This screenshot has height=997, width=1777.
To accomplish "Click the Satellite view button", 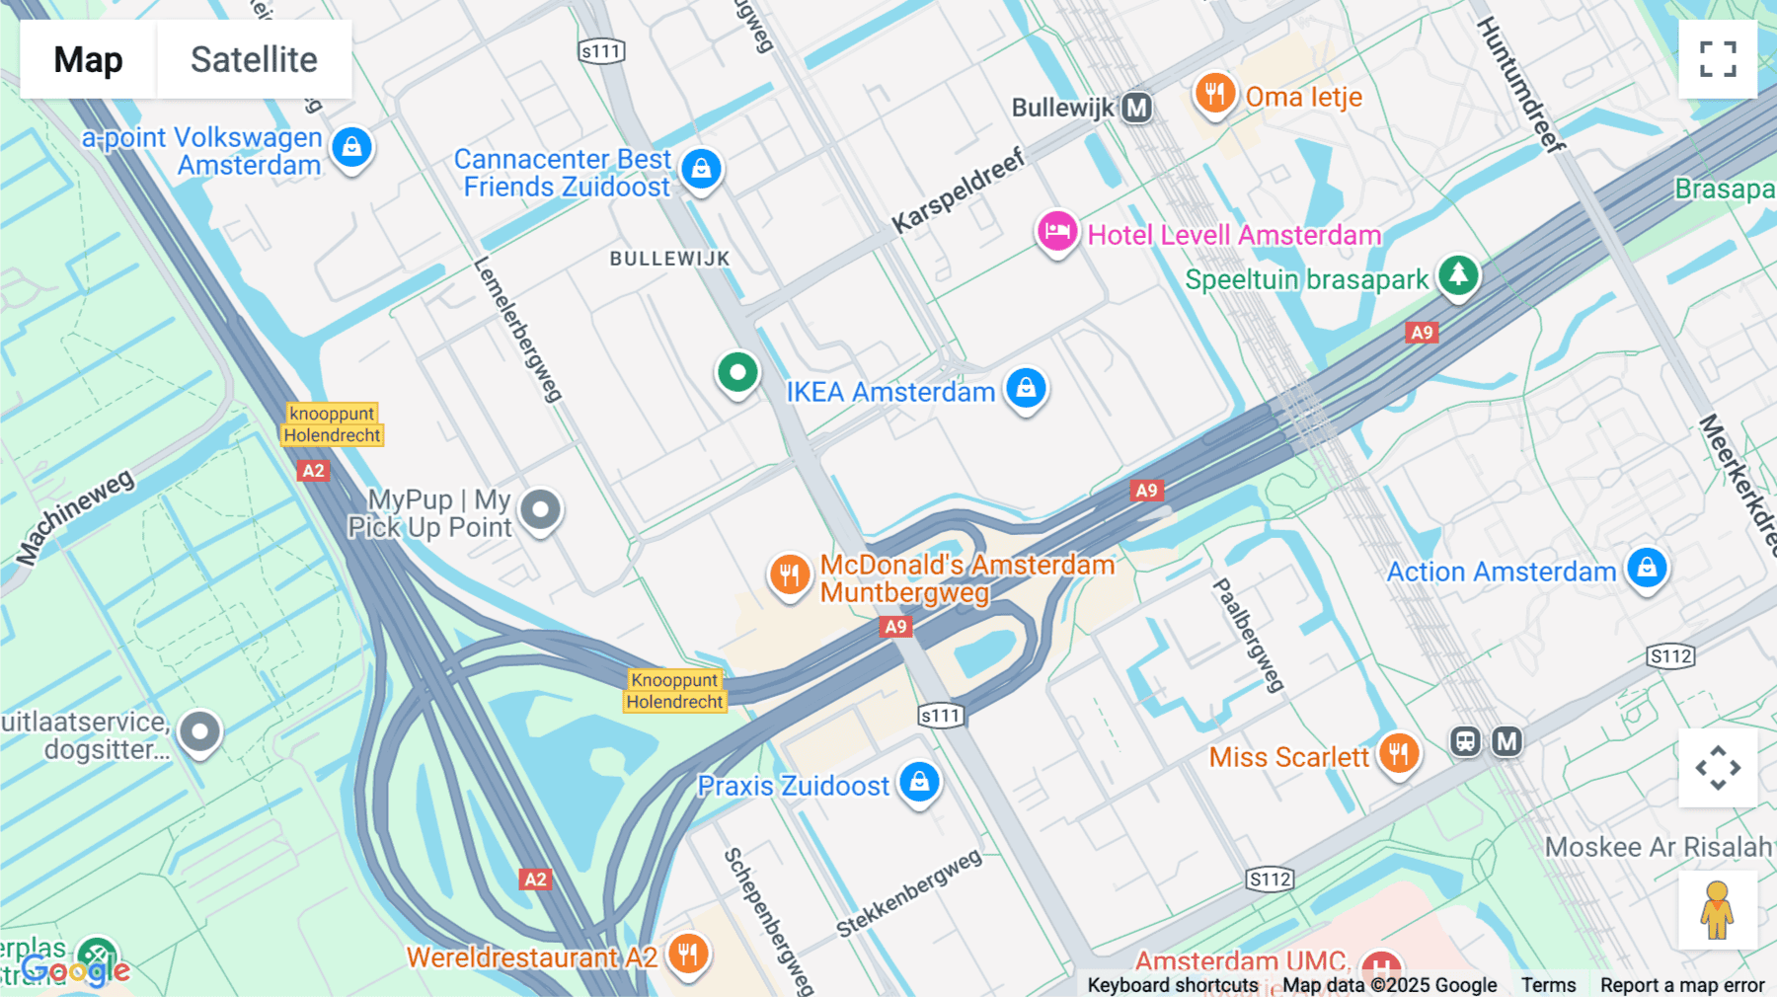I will tap(254, 59).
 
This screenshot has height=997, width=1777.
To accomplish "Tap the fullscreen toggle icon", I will tap(1718, 59).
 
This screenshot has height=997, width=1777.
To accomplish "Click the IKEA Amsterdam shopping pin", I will tap(1026, 388).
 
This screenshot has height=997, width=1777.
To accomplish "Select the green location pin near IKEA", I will tap(737, 373).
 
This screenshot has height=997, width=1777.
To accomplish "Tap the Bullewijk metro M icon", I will tap(1137, 107).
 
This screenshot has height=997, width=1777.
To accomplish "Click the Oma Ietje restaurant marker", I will tap(1215, 95).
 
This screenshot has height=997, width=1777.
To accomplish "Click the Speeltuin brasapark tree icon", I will tap(1458, 275).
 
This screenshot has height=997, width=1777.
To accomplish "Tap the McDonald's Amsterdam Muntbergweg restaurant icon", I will tap(790, 575).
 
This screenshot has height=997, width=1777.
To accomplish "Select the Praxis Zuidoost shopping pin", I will tap(919, 783).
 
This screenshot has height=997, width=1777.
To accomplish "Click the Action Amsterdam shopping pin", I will tap(1647, 569).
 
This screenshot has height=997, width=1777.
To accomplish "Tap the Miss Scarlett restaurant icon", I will tap(1398, 755).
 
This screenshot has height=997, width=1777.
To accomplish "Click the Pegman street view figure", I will tap(1718, 910).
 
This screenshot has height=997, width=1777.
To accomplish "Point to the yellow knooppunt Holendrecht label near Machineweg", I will tap(332, 424).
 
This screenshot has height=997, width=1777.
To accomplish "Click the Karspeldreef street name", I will tap(958, 192).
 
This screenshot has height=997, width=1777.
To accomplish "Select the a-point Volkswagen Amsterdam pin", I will tap(351, 148).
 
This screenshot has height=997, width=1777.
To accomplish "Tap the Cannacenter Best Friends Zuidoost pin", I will tap(701, 169).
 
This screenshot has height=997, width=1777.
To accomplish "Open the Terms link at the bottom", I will tap(1548, 984).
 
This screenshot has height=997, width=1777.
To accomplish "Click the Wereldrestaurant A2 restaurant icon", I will tap(688, 955).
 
